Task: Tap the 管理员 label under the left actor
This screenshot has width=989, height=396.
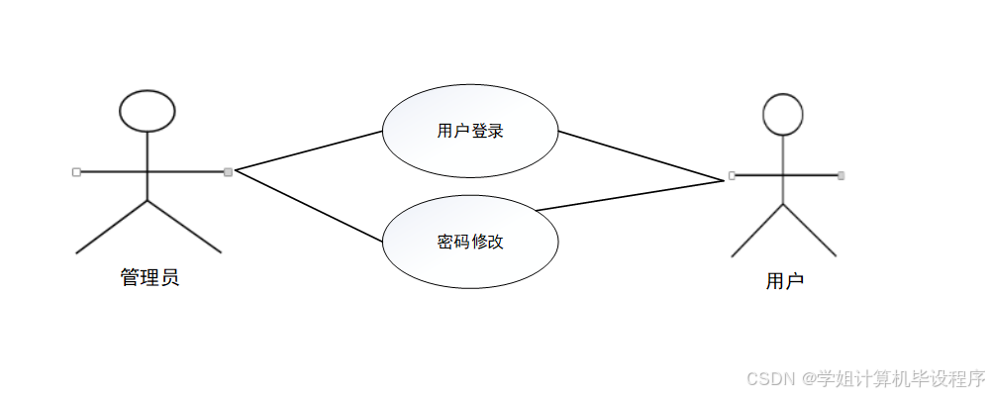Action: click(149, 277)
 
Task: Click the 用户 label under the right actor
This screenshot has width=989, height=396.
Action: click(784, 281)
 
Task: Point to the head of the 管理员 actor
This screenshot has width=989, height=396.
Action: click(147, 110)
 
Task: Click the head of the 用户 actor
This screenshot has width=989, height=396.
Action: click(783, 114)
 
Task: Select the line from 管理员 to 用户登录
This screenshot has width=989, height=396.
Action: click(308, 150)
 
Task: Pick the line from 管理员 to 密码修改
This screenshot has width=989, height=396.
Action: click(308, 206)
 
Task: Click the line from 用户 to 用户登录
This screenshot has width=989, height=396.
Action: click(642, 156)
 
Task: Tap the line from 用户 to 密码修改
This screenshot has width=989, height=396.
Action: click(630, 195)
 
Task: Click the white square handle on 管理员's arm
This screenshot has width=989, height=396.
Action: click(76, 171)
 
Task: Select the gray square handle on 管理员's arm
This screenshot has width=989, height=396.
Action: click(228, 171)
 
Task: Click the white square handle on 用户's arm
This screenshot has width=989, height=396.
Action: click(732, 175)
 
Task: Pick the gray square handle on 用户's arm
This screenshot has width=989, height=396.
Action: click(841, 175)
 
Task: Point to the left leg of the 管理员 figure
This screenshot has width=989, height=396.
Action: click(111, 227)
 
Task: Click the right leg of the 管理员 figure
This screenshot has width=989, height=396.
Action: click(184, 227)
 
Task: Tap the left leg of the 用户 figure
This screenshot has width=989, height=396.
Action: click(757, 231)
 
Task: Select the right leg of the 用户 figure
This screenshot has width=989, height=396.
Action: click(810, 231)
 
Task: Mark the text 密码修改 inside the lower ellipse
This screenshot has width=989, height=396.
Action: click(469, 242)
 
